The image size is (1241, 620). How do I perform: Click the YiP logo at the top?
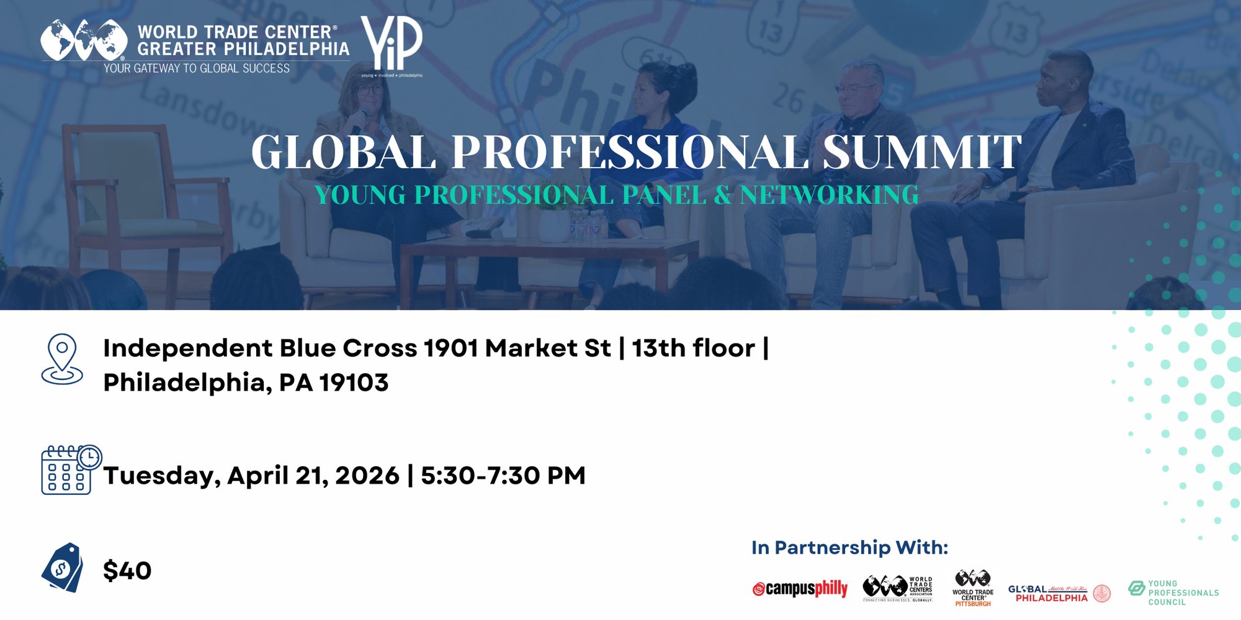[392, 45]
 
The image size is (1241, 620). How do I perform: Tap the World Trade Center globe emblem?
[84, 40]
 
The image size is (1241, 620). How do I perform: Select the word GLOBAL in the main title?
[344, 152]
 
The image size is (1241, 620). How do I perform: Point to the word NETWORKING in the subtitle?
[829, 195]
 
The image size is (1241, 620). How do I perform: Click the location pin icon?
[62, 359]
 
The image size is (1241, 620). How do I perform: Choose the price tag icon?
[62, 567]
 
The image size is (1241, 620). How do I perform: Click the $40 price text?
[127, 570]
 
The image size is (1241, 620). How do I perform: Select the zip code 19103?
[354, 383]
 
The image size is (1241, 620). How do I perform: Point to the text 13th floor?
[693, 348]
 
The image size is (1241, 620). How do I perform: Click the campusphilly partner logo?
[800, 588]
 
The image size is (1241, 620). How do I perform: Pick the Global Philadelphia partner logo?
[1059, 593]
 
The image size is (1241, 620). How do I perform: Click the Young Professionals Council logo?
[1173, 593]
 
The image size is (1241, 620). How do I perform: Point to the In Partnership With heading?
[849, 547]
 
